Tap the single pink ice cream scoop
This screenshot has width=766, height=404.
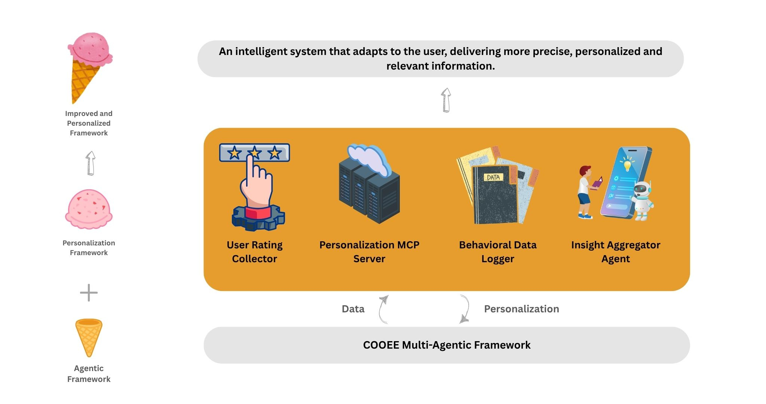[x=89, y=209]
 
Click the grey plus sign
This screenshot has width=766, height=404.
[x=89, y=293]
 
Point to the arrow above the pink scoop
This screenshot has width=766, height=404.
[x=90, y=163]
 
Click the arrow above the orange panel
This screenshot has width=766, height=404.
[x=446, y=100]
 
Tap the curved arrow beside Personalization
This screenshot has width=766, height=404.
[x=465, y=309]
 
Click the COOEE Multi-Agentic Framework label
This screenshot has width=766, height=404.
[x=447, y=345]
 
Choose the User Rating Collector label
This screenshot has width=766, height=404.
[x=254, y=252]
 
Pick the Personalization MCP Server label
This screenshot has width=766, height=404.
[x=369, y=252]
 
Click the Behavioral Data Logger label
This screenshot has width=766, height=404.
[x=497, y=252]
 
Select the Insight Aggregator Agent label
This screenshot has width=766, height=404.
[x=615, y=252]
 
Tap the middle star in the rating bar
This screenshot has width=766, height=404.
[x=254, y=153]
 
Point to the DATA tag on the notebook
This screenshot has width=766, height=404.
[x=493, y=177]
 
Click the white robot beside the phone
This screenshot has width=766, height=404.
[x=641, y=200]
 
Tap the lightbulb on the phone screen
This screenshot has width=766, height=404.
[x=627, y=165]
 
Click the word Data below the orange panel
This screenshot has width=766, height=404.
[x=353, y=309]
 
